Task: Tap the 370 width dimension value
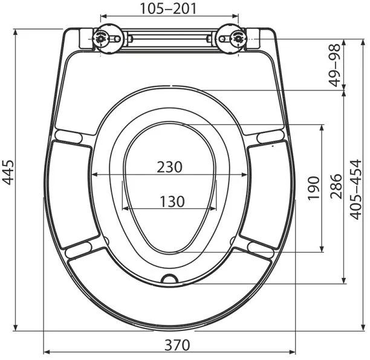[x=177, y=345]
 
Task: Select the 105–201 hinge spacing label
[x=168, y=8]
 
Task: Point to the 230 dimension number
[x=170, y=167]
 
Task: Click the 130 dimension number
[x=172, y=202]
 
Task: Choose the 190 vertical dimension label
[x=314, y=188]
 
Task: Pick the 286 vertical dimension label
[x=336, y=187]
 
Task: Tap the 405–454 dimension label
[x=355, y=190]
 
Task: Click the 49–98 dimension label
[x=334, y=66]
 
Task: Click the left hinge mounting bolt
[x=101, y=39]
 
